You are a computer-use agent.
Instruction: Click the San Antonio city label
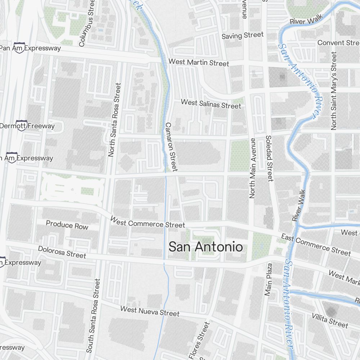(x=206, y=247)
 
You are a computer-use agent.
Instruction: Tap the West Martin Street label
(x=199, y=62)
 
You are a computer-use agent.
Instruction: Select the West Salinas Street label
(x=211, y=104)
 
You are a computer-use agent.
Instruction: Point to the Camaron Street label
(x=171, y=147)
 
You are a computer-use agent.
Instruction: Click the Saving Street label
(x=243, y=35)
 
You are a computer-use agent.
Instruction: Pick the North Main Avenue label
(x=252, y=168)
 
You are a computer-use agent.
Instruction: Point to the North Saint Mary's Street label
(x=334, y=91)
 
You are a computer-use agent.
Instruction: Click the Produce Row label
(x=67, y=225)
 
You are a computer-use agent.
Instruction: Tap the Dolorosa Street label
(x=62, y=252)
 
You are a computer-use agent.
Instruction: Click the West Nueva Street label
(x=149, y=311)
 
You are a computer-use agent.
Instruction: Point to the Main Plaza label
(x=268, y=279)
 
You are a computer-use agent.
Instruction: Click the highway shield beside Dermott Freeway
(x=21, y=126)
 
